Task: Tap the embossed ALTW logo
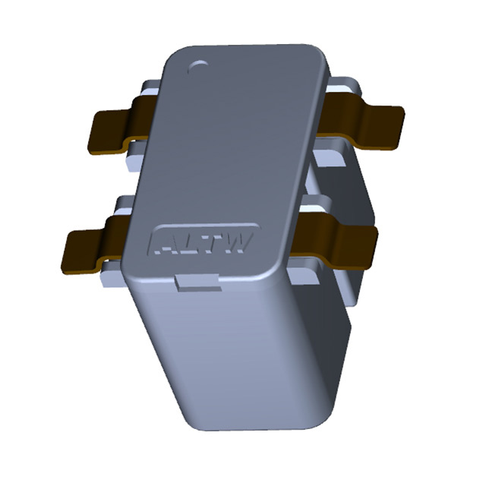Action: point(203,242)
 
